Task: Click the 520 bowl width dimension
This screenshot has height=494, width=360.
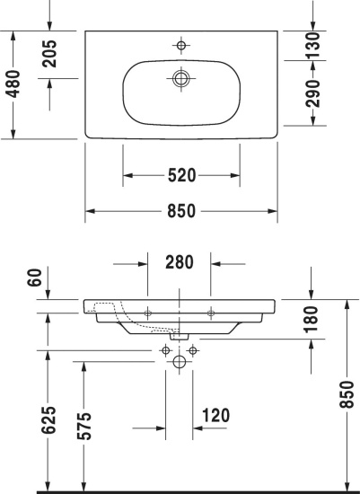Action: (x=181, y=174)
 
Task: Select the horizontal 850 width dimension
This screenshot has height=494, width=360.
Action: (x=181, y=213)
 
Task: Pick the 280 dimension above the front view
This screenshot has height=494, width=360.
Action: (x=180, y=263)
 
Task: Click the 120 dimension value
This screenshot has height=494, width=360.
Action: (x=216, y=415)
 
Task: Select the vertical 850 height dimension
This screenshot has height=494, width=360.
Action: (x=348, y=393)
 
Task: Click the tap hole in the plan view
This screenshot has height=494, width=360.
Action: (x=180, y=44)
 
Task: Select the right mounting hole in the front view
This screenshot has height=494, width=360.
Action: (x=211, y=312)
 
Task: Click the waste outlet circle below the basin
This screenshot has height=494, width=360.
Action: (x=180, y=363)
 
